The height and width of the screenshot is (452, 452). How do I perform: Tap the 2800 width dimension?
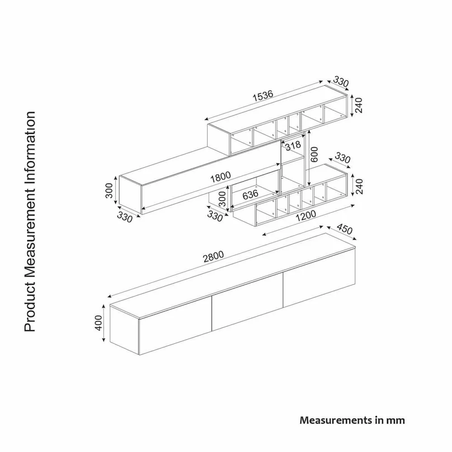point(213,257)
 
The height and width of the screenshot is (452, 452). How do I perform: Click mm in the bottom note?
point(395,420)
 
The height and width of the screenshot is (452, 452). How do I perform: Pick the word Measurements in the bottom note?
point(333,420)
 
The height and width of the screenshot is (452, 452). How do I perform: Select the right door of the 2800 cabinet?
point(319,283)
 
